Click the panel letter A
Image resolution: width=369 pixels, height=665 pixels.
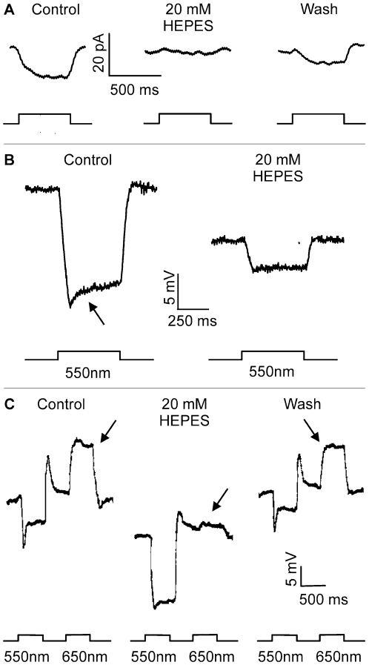click(9, 10)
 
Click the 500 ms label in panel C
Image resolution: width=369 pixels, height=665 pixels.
click(324, 599)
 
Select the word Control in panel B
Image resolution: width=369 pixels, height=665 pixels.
click(87, 160)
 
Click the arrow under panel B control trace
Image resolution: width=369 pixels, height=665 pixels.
click(96, 314)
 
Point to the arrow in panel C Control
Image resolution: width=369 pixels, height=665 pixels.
click(107, 431)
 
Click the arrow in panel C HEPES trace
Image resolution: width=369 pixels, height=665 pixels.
click(220, 499)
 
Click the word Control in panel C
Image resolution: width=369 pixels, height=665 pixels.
click(61, 404)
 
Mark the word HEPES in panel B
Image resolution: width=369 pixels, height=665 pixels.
click(278, 176)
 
